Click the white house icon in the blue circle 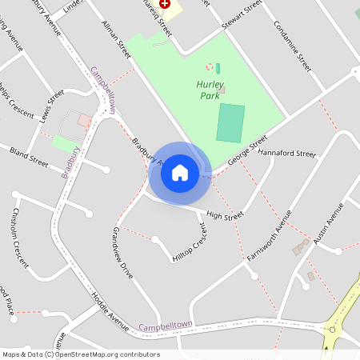[180, 172]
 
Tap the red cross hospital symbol [165, 3]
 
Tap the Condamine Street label [292, 46]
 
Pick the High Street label [224, 215]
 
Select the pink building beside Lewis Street [84, 120]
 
